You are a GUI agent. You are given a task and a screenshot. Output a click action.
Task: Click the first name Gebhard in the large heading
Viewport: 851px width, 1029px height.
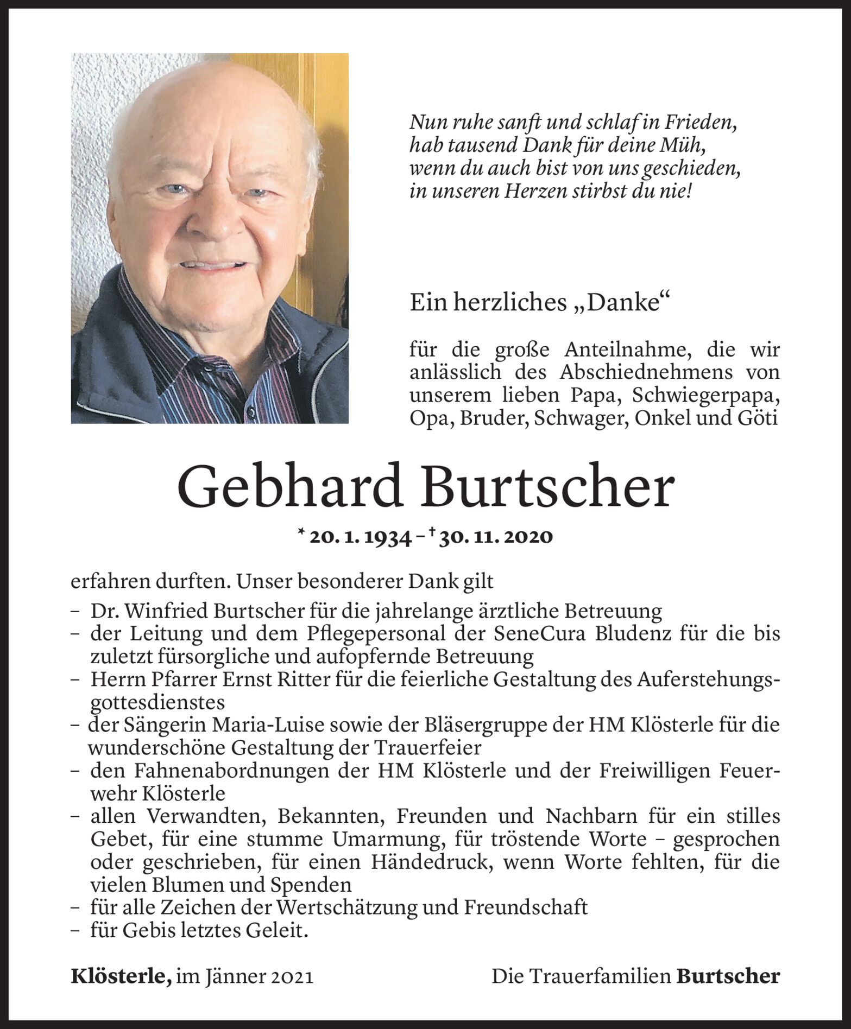tap(289, 488)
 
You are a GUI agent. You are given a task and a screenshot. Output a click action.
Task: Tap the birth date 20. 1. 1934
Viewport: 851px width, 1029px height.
tap(360, 538)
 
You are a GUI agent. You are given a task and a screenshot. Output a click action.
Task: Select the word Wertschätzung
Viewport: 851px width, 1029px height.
tap(359, 907)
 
